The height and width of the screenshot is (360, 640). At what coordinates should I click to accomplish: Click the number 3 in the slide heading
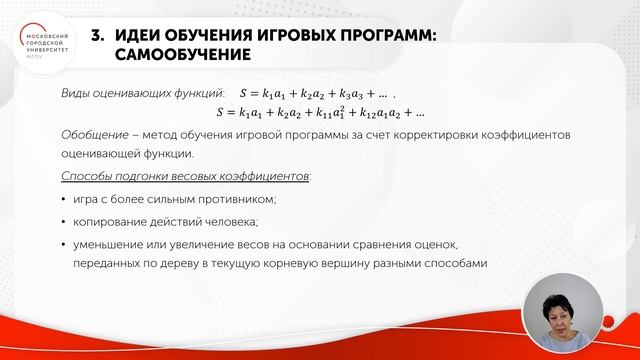96,35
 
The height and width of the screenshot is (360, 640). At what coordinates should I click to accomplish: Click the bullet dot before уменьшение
64,243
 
